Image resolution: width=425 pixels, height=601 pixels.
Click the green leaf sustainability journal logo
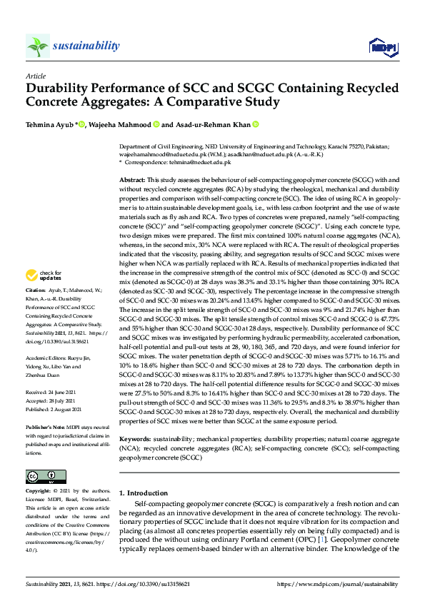[x=37, y=46]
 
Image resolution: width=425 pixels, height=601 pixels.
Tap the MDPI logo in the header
[x=382, y=47]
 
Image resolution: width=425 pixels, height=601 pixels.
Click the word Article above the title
[x=35, y=76]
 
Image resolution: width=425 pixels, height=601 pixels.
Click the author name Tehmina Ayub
[x=49, y=124]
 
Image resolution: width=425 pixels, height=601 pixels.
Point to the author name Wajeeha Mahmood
[x=120, y=124]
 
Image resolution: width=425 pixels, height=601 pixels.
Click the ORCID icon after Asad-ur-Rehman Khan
[x=255, y=124]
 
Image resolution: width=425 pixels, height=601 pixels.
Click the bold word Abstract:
[x=132, y=181]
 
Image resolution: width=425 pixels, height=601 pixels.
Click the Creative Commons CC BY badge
[x=41, y=476]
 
